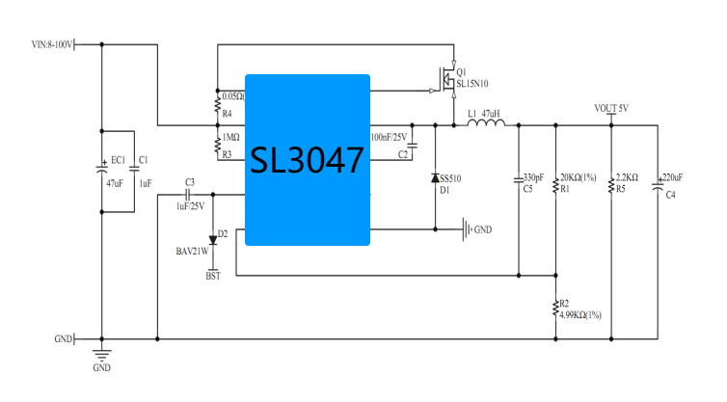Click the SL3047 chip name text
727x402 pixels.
pos(307,160)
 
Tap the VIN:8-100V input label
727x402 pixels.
pos(52,45)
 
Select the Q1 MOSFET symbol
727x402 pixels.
pos(446,80)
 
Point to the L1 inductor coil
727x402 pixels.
pos(486,122)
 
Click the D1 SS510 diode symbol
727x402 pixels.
pos(435,178)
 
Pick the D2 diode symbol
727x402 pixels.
pos(213,240)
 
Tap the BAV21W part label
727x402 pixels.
pos(192,252)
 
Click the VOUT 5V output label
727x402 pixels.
pos(611,109)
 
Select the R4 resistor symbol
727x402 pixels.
pos(217,105)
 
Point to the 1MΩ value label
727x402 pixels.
pos(230,138)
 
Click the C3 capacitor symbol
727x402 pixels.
pos(188,195)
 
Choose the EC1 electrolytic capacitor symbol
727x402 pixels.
pos(101,169)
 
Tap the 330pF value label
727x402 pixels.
pos(533,177)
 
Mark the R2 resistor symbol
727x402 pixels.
pos(555,308)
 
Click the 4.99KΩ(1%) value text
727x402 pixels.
pos(580,315)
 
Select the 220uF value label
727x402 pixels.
pos(672,177)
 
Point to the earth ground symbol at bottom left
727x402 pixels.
pos(101,355)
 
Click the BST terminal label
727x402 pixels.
pos(213,277)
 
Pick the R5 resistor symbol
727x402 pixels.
pos(611,185)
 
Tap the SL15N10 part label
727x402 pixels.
pos(472,84)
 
